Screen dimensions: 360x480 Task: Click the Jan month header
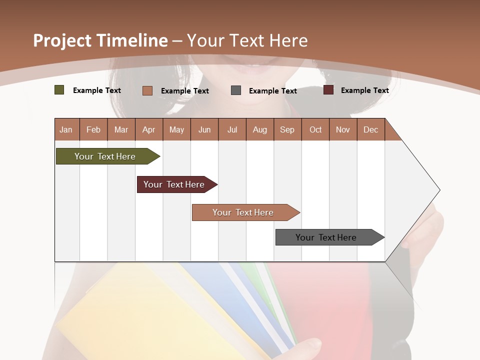(66, 129)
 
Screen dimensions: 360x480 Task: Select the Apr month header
(149, 129)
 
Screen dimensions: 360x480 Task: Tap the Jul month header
(232, 129)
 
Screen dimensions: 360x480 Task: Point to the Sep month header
(287, 129)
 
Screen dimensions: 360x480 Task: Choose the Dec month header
(370, 129)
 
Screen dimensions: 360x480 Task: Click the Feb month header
(93, 129)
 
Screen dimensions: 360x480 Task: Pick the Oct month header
(315, 129)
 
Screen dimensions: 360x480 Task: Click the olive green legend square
(59, 90)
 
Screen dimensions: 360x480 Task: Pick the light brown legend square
(147, 90)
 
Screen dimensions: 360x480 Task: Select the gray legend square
(236, 90)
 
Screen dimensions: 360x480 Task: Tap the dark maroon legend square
(328, 90)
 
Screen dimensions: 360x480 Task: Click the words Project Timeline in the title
(100, 40)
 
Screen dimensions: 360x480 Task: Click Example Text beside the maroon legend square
(364, 90)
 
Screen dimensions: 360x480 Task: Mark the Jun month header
(204, 129)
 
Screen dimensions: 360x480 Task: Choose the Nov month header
(343, 129)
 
